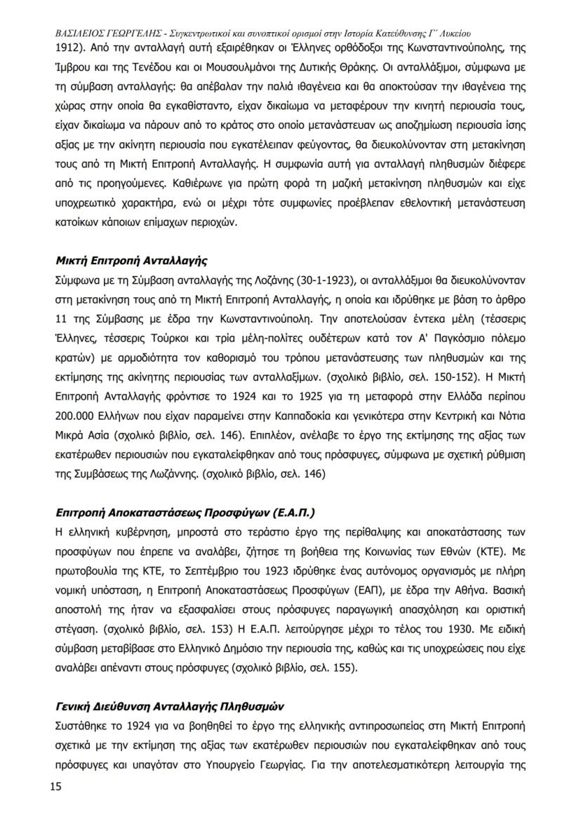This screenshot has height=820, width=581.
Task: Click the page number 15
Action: coord(55,786)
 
